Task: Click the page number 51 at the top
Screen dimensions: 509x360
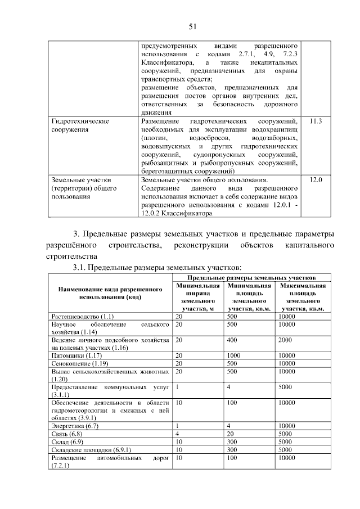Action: pos(192,26)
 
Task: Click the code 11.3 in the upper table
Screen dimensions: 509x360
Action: pos(316,122)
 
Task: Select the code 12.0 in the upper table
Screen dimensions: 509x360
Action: pos(316,179)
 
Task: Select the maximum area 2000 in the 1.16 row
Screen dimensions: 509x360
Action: pos(285,340)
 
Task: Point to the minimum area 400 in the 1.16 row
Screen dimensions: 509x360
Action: pos(231,340)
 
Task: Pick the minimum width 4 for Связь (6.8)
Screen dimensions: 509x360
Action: pos(177,435)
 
